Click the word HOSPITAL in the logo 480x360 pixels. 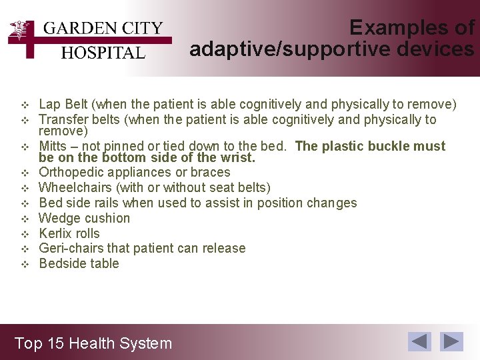(x=103, y=53)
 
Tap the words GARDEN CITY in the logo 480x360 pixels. (x=103, y=28)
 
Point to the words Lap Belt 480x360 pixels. (x=63, y=105)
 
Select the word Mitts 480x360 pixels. (x=53, y=146)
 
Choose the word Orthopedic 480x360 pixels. (x=71, y=173)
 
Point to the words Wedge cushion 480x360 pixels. (x=85, y=218)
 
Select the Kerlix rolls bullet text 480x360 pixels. (x=69, y=233)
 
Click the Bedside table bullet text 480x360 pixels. (x=79, y=263)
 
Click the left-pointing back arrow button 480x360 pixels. (x=419, y=341)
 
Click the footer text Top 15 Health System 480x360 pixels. (x=93, y=343)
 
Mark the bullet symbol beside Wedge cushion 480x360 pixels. (x=25, y=219)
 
